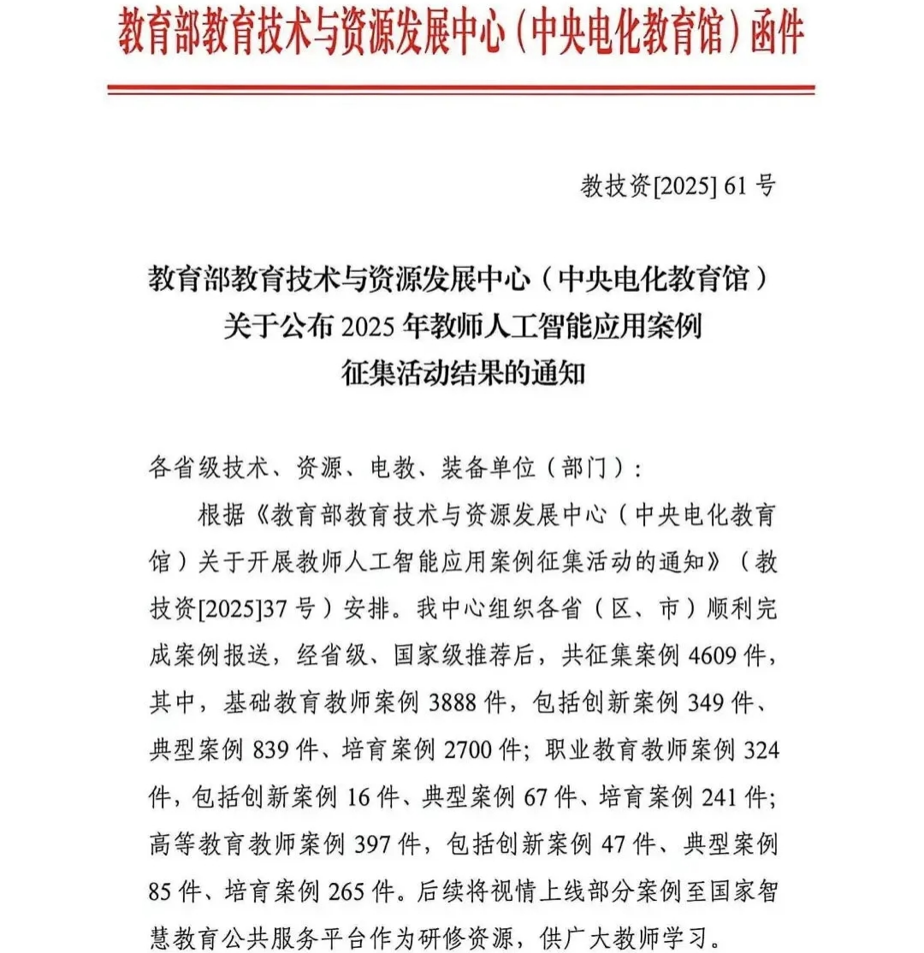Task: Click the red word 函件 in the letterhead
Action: (x=775, y=34)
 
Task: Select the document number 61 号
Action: (x=749, y=186)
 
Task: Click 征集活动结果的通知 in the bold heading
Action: (x=462, y=373)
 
